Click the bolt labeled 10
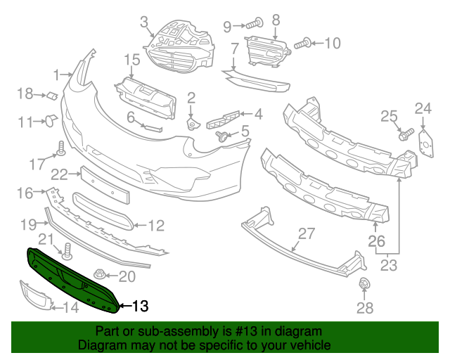304,44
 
